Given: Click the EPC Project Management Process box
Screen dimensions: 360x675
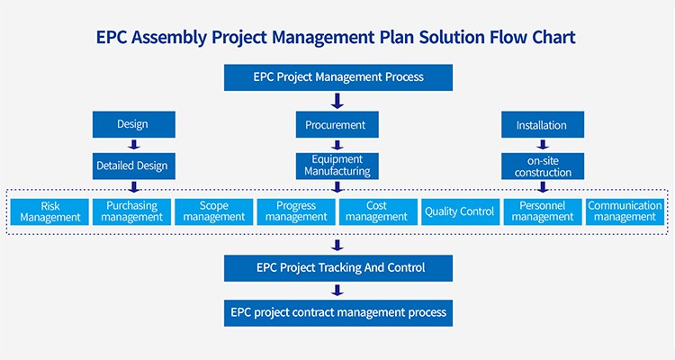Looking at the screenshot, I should [337, 76].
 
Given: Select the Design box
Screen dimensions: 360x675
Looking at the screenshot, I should [132, 124].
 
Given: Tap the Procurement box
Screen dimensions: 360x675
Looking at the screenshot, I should [336, 124].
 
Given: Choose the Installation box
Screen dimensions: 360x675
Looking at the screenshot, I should [542, 124].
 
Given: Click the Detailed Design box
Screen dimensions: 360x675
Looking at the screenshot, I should [132, 166].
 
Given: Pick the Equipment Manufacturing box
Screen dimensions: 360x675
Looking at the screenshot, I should [336, 166].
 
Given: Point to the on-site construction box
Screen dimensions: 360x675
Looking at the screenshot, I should [543, 166].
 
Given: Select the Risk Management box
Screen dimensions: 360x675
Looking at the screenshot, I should [50, 211].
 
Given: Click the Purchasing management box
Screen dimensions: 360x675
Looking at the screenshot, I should [131, 211].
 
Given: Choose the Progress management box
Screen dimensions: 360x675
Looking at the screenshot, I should [296, 211].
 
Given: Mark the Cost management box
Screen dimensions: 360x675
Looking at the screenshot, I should [377, 211].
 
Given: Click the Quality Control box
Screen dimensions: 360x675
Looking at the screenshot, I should [459, 211].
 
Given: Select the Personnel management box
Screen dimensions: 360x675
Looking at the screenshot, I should [542, 211].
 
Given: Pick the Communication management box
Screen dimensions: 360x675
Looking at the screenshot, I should [625, 211].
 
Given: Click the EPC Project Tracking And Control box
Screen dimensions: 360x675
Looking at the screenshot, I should [337, 267].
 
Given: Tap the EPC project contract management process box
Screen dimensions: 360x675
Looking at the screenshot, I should [337, 312].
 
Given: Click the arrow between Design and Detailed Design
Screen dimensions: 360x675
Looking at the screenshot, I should [133, 144].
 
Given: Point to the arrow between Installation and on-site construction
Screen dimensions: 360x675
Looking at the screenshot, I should [542, 144].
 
